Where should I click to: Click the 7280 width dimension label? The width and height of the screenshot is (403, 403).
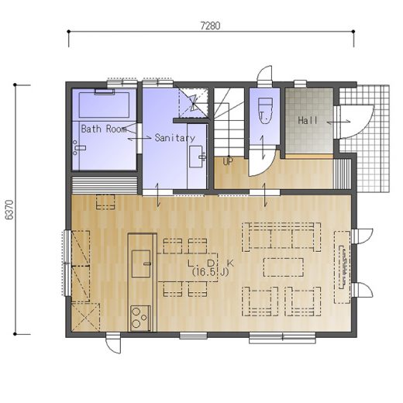(x=210, y=26)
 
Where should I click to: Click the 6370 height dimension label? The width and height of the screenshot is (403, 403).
(x=9, y=210)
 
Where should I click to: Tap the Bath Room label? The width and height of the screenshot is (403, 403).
(x=104, y=129)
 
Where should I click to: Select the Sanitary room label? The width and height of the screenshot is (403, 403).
(x=175, y=138)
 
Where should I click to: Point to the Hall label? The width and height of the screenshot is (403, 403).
(x=308, y=120)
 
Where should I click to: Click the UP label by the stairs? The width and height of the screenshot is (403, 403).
(x=228, y=161)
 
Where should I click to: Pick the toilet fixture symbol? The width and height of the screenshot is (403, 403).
(x=265, y=110)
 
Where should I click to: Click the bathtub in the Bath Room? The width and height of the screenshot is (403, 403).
(x=104, y=105)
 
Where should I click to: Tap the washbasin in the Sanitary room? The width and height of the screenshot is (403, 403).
(x=197, y=157)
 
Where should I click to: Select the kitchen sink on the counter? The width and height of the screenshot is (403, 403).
(x=141, y=263)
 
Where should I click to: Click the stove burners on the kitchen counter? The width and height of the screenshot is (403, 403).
(x=140, y=319)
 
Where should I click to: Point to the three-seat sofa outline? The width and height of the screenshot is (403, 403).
(x=281, y=237)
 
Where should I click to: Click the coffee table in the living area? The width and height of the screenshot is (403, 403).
(x=284, y=267)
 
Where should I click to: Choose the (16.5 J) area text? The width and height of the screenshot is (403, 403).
(x=210, y=272)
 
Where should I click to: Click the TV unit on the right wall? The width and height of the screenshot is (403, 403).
(x=343, y=267)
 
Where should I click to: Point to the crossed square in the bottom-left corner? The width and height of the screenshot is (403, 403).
(x=85, y=317)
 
